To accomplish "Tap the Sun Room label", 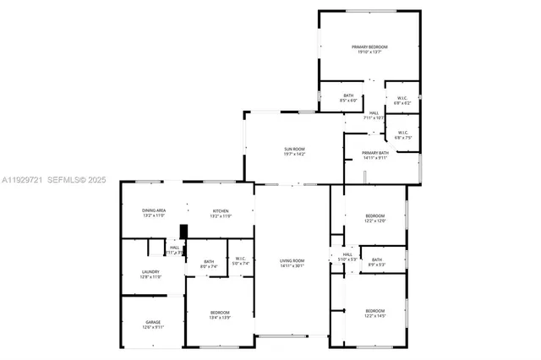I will [x=294, y=150].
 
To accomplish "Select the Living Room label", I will [x=292, y=260].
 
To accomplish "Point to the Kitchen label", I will [x=221, y=210].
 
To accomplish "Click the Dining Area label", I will [x=154, y=210].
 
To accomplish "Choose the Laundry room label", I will [x=150, y=271].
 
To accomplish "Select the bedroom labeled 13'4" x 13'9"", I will [x=220, y=313].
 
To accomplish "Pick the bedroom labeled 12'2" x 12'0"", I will [x=375, y=215].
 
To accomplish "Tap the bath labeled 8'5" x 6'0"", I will [x=348, y=95].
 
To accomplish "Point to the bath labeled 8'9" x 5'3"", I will [x=376, y=259].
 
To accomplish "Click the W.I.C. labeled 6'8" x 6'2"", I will [x=402, y=98].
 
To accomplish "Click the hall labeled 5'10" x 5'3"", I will [x=347, y=254].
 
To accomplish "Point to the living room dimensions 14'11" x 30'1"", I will [x=292, y=265].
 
